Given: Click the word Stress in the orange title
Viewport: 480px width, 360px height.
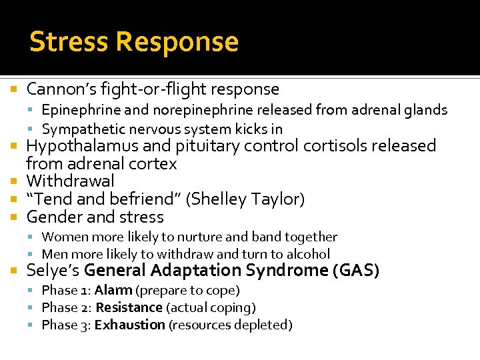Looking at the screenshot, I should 69,41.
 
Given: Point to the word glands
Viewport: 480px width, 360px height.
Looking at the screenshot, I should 426,110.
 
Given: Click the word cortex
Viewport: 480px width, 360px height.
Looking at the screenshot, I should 155,164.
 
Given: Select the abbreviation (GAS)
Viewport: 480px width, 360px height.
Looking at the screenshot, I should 357,271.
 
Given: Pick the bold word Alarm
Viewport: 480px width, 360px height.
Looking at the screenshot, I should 113,291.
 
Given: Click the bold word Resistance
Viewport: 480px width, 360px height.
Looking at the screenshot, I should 129,308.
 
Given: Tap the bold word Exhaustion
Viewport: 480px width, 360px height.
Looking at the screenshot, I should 130,325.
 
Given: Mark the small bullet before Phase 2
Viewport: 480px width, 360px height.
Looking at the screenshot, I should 35,308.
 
